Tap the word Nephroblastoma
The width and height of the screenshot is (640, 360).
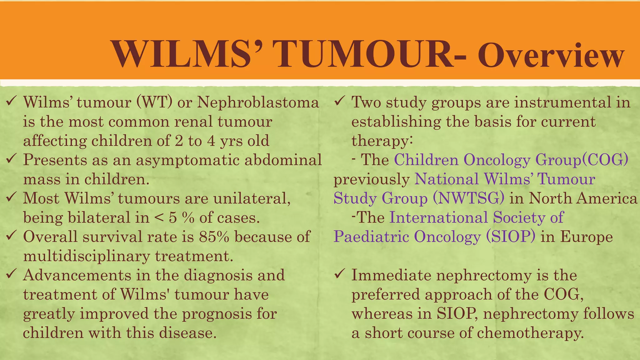(258, 102)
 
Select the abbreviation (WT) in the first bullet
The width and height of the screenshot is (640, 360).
(154, 102)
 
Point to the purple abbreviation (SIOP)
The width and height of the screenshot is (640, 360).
(511, 237)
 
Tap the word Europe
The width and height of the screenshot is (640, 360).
(586, 237)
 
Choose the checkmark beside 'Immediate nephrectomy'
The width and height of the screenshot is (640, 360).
(340, 275)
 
